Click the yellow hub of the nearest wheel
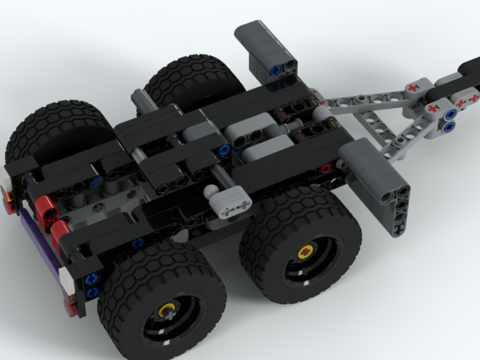(x=166, y=312)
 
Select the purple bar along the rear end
(x=41, y=245)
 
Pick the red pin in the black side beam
(x=326, y=169)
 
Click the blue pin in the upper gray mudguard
(x=275, y=72)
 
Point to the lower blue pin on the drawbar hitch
(x=449, y=127)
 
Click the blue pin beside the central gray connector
(x=223, y=150)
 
